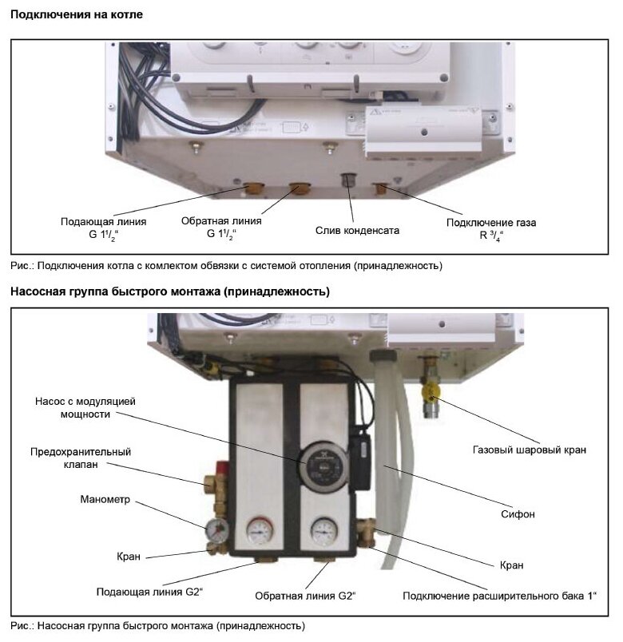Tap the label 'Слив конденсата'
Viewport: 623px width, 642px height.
357,230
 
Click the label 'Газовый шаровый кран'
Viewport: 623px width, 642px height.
539,450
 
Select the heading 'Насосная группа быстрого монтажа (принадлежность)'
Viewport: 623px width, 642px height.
169,291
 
